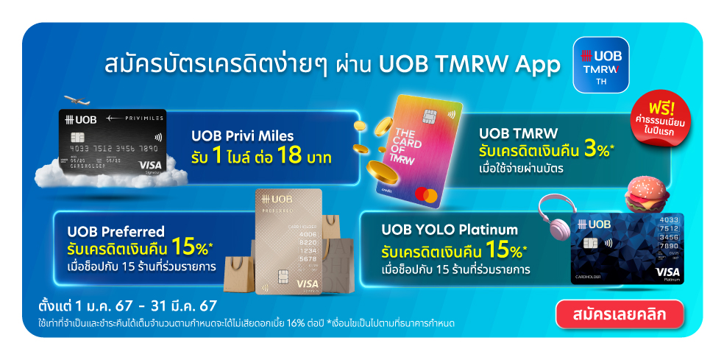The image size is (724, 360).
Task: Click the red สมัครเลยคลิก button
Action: [x=620, y=314]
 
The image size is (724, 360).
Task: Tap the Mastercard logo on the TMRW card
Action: [x=423, y=195]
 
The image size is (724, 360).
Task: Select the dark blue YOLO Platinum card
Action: [x=627, y=248]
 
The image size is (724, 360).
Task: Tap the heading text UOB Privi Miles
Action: [x=242, y=136]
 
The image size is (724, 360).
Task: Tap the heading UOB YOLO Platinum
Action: [x=450, y=230]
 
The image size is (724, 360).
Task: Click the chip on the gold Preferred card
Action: [x=282, y=277]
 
